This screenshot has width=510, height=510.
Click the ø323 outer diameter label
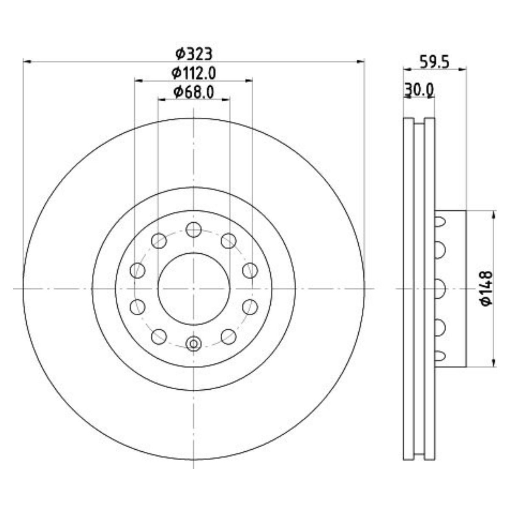tap(194, 54)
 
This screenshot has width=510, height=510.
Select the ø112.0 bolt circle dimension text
tap(194, 73)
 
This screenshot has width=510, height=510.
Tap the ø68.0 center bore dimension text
tap(194, 92)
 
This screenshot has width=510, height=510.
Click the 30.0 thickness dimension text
tap(419, 91)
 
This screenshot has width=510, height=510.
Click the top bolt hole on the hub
tap(193, 229)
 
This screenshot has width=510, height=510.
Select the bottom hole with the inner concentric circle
tap(193, 344)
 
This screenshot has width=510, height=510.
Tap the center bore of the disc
tap(193, 289)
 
